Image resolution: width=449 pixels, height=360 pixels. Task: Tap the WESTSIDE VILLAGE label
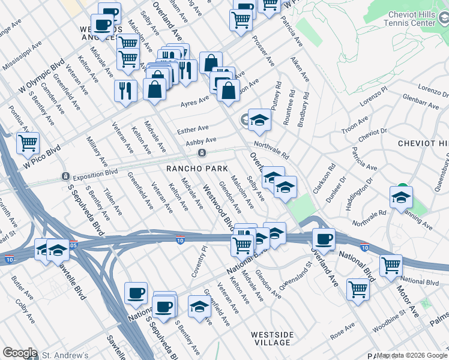click(x=272, y=338)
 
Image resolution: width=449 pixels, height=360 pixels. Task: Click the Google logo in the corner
click(x=20, y=353)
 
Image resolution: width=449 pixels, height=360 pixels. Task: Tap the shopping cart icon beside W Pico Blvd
click(x=28, y=143)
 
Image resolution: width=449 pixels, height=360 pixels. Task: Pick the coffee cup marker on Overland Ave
click(x=324, y=239)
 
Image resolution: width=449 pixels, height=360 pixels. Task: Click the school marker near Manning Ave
click(x=401, y=197)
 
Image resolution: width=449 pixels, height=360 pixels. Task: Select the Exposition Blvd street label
click(x=94, y=176)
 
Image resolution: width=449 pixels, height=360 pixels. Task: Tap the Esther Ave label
click(x=193, y=128)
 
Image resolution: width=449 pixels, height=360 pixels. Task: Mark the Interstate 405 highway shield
click(x=73, y=245)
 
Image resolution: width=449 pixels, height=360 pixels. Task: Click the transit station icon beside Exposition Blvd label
click(x=65, y=176)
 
